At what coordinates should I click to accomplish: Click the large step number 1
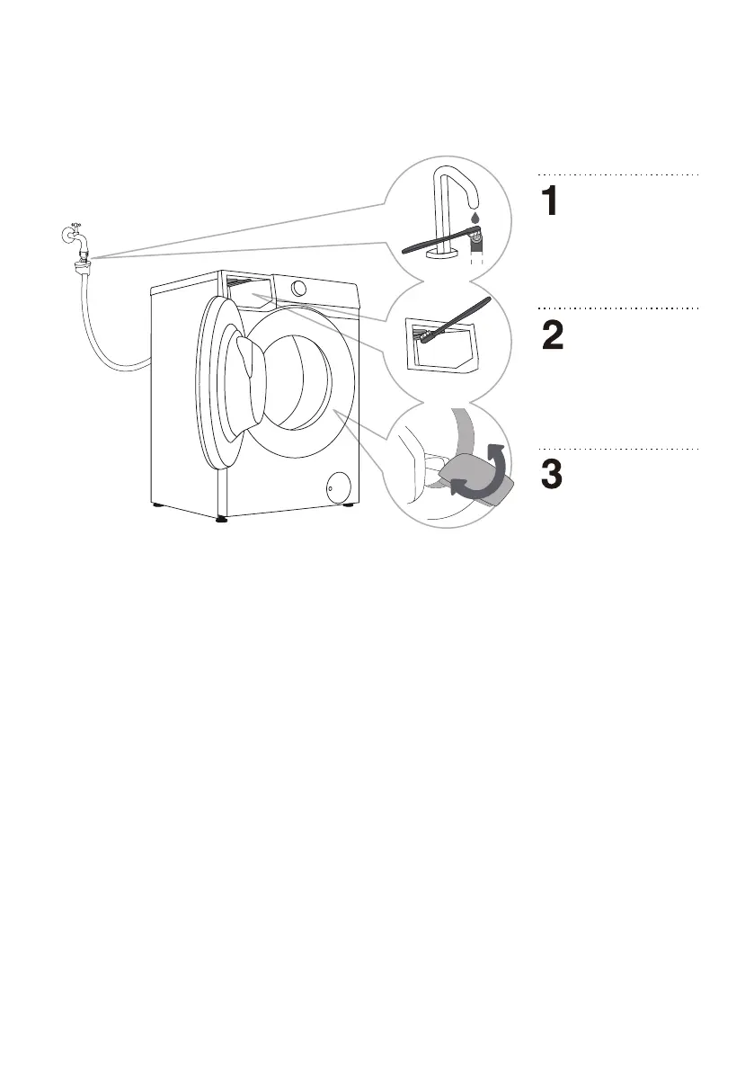point(551,201)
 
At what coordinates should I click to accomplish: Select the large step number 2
point(551,335)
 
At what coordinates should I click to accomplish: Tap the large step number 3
point(552,474)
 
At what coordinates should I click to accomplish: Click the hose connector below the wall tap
point(81,262)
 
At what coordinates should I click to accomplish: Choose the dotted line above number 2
point(618,308)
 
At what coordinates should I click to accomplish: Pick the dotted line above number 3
point(618,447)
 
